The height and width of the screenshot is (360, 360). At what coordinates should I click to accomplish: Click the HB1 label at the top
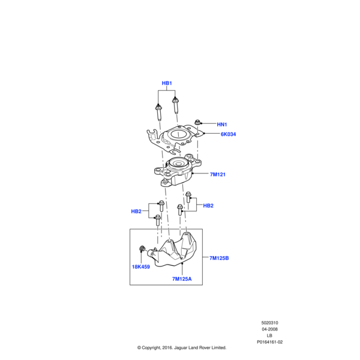(x=167, y=83)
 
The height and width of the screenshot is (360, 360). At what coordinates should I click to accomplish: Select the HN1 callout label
(x=222, y=124)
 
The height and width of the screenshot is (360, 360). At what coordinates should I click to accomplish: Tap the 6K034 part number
(x=228, y=134)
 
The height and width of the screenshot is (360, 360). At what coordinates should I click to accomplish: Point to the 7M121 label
(x=218, y=175)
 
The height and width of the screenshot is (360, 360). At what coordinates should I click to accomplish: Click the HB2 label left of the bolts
(x=136, y=211)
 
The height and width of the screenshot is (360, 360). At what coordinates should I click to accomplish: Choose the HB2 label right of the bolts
(x=208, y=206)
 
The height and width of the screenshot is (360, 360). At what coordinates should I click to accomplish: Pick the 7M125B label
(x=219, y=258)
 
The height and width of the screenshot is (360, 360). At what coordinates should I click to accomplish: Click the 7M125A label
(x=182, y=279)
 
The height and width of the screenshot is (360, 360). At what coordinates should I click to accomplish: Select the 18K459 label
(x=141, y=267)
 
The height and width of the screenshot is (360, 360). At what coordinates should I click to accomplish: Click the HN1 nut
(x=197, y=122)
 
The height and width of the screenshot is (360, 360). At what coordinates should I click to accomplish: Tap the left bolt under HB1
(x=158, y=113)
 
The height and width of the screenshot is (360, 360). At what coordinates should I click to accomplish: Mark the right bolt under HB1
(x=176, y=106)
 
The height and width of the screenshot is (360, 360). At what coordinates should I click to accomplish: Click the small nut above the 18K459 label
(x=142, y=248)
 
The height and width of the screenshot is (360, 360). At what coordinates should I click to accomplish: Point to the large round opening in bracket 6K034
(x=178, y=134)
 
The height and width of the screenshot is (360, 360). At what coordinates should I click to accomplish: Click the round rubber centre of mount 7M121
(x=178, y=163)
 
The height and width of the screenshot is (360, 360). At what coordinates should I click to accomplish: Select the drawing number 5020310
(x=269, y=323)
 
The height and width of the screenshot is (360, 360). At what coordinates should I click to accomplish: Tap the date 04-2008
(x=269, y=329)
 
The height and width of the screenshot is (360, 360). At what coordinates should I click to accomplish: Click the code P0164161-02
(x=269, y=342)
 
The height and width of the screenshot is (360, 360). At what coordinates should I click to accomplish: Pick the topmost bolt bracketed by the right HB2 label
(x=188, y=197)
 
